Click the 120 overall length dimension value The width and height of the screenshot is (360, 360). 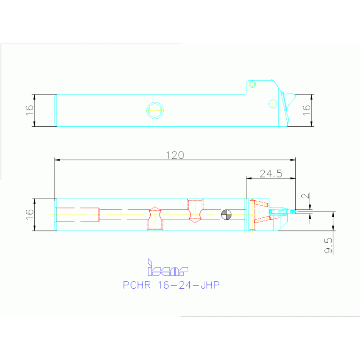[x=174, y=155]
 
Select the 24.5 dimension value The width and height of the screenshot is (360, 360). [x=271, y=173]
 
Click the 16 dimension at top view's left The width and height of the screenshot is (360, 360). [x=30, y=110]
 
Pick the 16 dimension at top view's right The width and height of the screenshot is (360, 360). [x=306, y=110]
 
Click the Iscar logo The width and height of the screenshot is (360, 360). [x=168, y=268]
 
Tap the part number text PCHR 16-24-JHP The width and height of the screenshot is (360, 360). [x=171, y=285]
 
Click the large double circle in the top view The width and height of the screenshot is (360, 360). [x=155, y=110]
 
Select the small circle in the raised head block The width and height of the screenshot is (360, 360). [x=253, y=84]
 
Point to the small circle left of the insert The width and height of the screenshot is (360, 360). [x=272, y=104]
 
